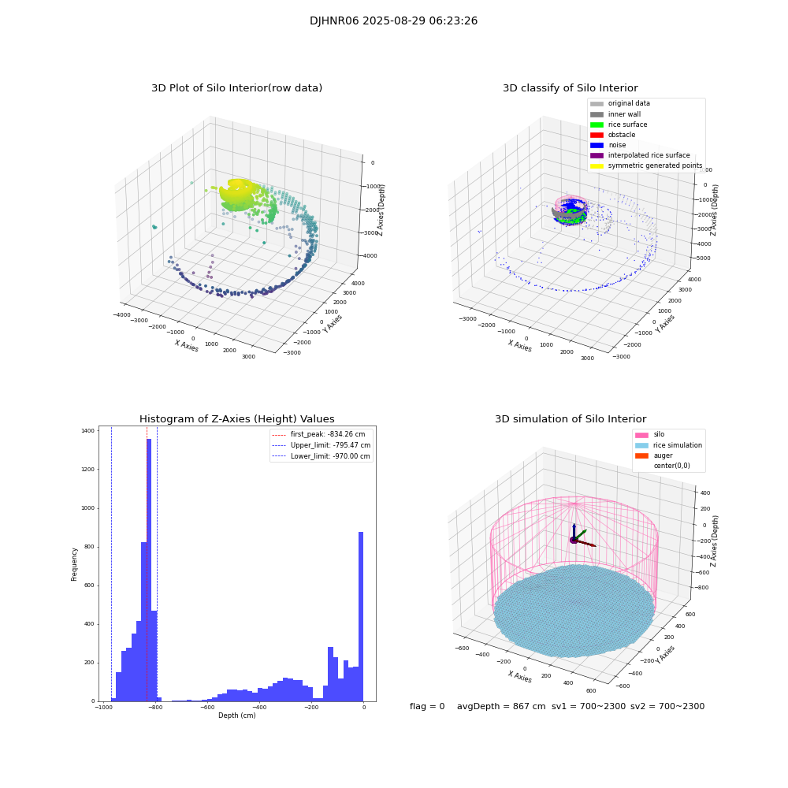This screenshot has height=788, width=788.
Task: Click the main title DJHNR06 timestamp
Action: point(393,21)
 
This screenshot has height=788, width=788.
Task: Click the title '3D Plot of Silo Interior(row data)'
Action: point(236,88)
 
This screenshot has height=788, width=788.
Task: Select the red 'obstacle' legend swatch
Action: point(597,135)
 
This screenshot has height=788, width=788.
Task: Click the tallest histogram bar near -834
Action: point(149,567)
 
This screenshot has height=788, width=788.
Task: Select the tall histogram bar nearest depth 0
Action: point(361,615)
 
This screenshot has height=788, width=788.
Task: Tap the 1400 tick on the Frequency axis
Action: point(87,431)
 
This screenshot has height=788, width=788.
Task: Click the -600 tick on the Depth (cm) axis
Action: point(207,708)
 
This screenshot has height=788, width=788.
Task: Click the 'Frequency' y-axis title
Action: point(75,564)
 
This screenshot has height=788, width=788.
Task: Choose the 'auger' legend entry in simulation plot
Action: point(663,455)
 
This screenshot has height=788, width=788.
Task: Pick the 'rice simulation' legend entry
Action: point(677,445)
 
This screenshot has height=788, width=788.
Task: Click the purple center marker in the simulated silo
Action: point(574,540)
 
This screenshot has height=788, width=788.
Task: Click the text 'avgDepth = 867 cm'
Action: point(501,707)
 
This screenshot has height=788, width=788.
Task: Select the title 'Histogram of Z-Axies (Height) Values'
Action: point(236,419)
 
